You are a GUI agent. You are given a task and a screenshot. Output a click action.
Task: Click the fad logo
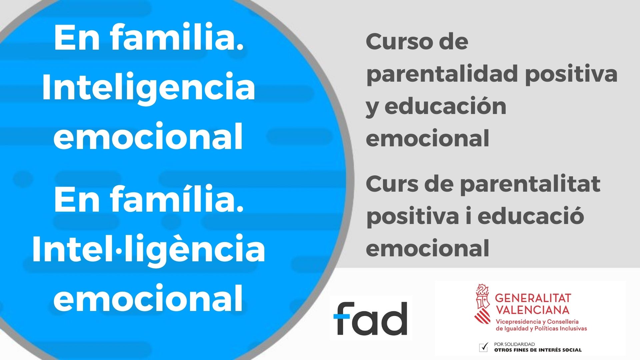(x=370, y=318)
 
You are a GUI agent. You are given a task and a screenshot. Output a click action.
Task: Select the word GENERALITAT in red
(x=533, y=298)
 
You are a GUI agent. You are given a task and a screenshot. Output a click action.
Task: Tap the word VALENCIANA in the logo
(x=532, y=310)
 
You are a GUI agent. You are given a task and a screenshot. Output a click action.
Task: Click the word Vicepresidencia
(x=518, y=322)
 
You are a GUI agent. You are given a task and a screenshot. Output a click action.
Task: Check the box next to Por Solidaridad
(x=483, y=347)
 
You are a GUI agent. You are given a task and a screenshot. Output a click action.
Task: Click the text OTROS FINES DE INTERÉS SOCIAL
(x=538, y=350)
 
